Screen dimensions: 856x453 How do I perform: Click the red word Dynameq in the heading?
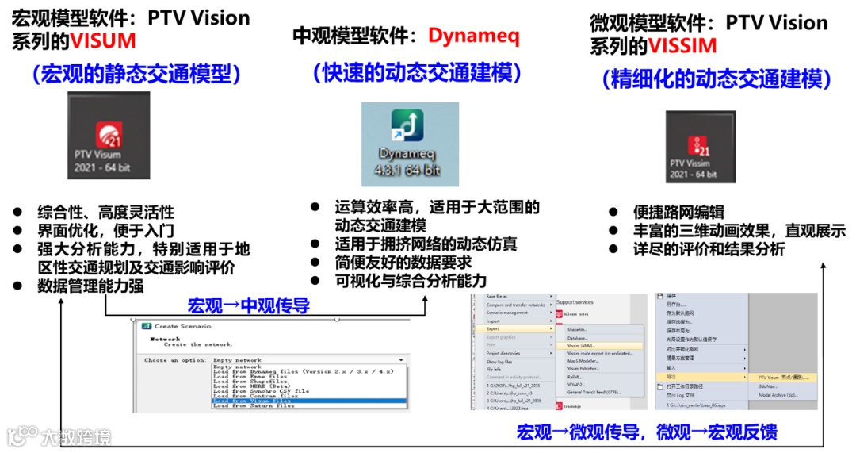click(474, 36)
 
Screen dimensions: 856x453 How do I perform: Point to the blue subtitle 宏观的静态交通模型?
click(136, 75)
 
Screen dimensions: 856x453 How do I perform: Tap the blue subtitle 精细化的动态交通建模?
click(717, 79)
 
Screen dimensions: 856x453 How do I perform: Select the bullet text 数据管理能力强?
click(90, 286)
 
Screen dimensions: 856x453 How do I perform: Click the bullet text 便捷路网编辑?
click(678, 212)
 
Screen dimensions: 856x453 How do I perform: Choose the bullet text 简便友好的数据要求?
click(403, 262)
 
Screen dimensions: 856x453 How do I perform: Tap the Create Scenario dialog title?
click(182, 327)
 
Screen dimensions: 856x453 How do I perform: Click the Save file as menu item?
click(499, 297)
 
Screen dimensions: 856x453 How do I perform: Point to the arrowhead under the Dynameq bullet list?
click(426, 300)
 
